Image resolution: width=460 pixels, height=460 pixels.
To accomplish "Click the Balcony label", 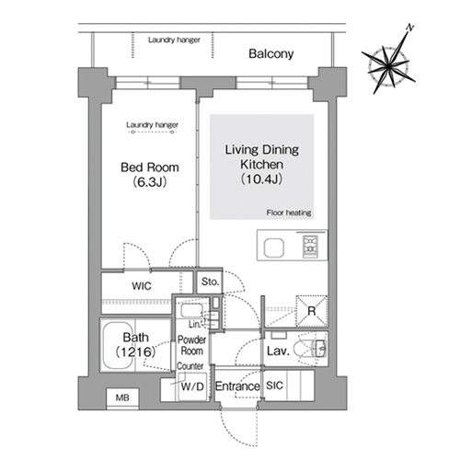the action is (271, 53).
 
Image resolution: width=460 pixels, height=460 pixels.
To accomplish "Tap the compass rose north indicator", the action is (409, 28).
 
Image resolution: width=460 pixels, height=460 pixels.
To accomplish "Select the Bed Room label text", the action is (150, 167).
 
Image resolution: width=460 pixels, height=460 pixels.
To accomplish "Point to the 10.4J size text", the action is (261, 178).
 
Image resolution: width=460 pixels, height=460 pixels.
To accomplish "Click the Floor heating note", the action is (289, 213).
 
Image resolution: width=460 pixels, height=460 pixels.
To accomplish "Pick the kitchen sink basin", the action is (274, 247).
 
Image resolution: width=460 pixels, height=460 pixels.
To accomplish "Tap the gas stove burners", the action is (310, 247).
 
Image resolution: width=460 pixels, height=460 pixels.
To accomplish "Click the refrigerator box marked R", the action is (312, 311).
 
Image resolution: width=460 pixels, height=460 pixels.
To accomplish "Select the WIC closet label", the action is (142, 286).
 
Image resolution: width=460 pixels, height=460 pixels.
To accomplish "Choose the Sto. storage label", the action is (210, 282).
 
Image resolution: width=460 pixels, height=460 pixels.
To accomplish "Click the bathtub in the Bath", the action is (118, 345).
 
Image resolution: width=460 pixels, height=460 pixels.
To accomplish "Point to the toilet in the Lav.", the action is (310, 349).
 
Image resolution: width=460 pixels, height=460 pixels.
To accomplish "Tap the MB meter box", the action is (122, 397).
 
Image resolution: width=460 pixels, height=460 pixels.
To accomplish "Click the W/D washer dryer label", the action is (192, 386).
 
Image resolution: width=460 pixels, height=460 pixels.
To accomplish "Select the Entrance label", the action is (237, 386).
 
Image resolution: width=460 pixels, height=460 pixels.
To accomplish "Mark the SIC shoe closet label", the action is (274, 385).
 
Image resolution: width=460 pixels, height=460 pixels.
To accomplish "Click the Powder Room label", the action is (191, 345).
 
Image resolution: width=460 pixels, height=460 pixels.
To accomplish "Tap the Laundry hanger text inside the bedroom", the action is (152, 125).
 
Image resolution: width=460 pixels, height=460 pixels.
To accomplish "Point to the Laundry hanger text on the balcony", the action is (174, 40).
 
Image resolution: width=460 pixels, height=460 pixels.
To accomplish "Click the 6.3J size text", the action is (150, 182).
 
